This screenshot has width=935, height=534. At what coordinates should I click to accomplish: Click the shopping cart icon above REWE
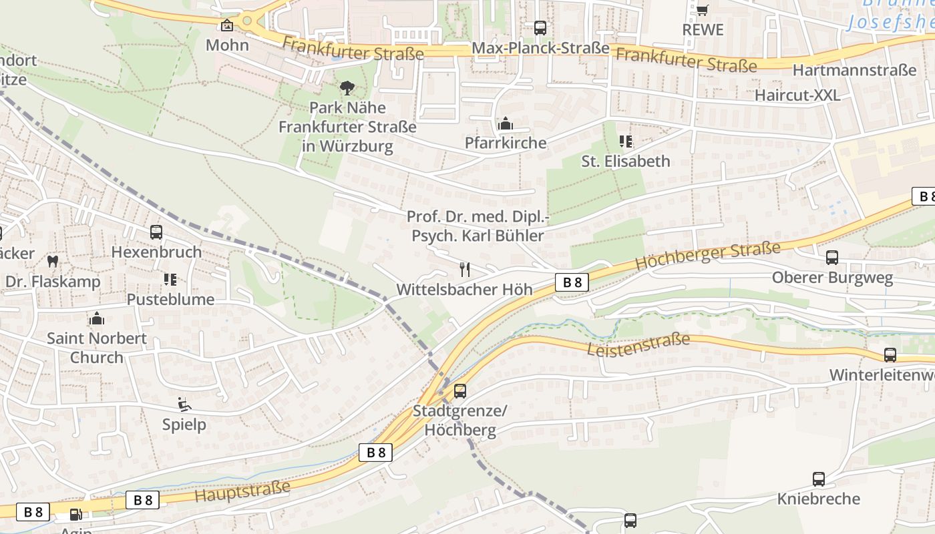coord(702,9)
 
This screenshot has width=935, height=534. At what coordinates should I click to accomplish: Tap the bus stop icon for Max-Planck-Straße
coord(540,28)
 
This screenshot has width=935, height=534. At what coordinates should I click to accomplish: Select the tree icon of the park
coord(347,87)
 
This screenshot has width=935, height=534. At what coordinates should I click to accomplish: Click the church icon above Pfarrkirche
coord(506,124)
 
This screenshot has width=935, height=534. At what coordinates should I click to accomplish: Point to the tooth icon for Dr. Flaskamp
coord(53,262)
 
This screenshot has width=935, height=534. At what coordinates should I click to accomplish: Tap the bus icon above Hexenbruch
coord(156,232)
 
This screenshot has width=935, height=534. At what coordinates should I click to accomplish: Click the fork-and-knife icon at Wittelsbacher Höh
coord(465,270)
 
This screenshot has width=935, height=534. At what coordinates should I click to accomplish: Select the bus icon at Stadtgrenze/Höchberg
coord(460,391)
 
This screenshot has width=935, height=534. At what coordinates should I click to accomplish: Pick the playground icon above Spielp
coord(184,405)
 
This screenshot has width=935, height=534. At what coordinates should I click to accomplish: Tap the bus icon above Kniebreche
coord(819,479)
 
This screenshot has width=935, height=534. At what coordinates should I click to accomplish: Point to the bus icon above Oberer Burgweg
coord(832,258)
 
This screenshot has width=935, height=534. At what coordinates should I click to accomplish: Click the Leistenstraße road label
coord(638,345)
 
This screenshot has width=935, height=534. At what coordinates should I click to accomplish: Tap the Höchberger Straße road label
coord(707,256)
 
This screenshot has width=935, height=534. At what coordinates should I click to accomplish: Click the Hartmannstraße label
coord(854,70)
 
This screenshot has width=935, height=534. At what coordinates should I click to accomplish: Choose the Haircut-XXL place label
coord(797,95)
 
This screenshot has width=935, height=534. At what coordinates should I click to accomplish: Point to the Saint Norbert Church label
coord(97,347)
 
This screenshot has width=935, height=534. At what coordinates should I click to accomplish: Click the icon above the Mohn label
coord(227,26)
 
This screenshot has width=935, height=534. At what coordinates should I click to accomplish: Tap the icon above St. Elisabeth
coord(626,142)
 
